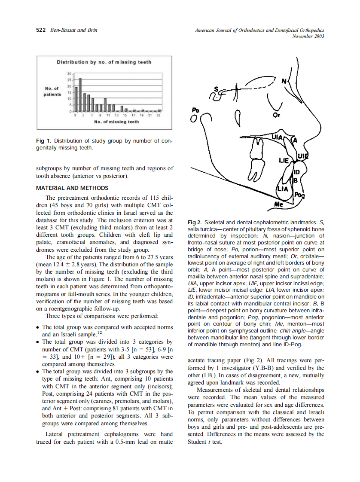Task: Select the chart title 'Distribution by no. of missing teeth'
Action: pos(104,62)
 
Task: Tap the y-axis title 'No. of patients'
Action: pos(52,92)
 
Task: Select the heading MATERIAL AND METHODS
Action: pos(72,188)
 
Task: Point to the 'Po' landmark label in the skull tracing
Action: pos(195,110)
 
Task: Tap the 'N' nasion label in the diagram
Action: pos(284,80)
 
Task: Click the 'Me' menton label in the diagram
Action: pos(279,204)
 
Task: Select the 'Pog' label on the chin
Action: pos(299,195)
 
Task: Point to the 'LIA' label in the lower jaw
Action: pos(282,189)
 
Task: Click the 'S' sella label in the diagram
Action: pos(217,90)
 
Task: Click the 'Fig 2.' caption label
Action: pos(195,223)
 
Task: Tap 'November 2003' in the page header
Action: pos(308,37)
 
